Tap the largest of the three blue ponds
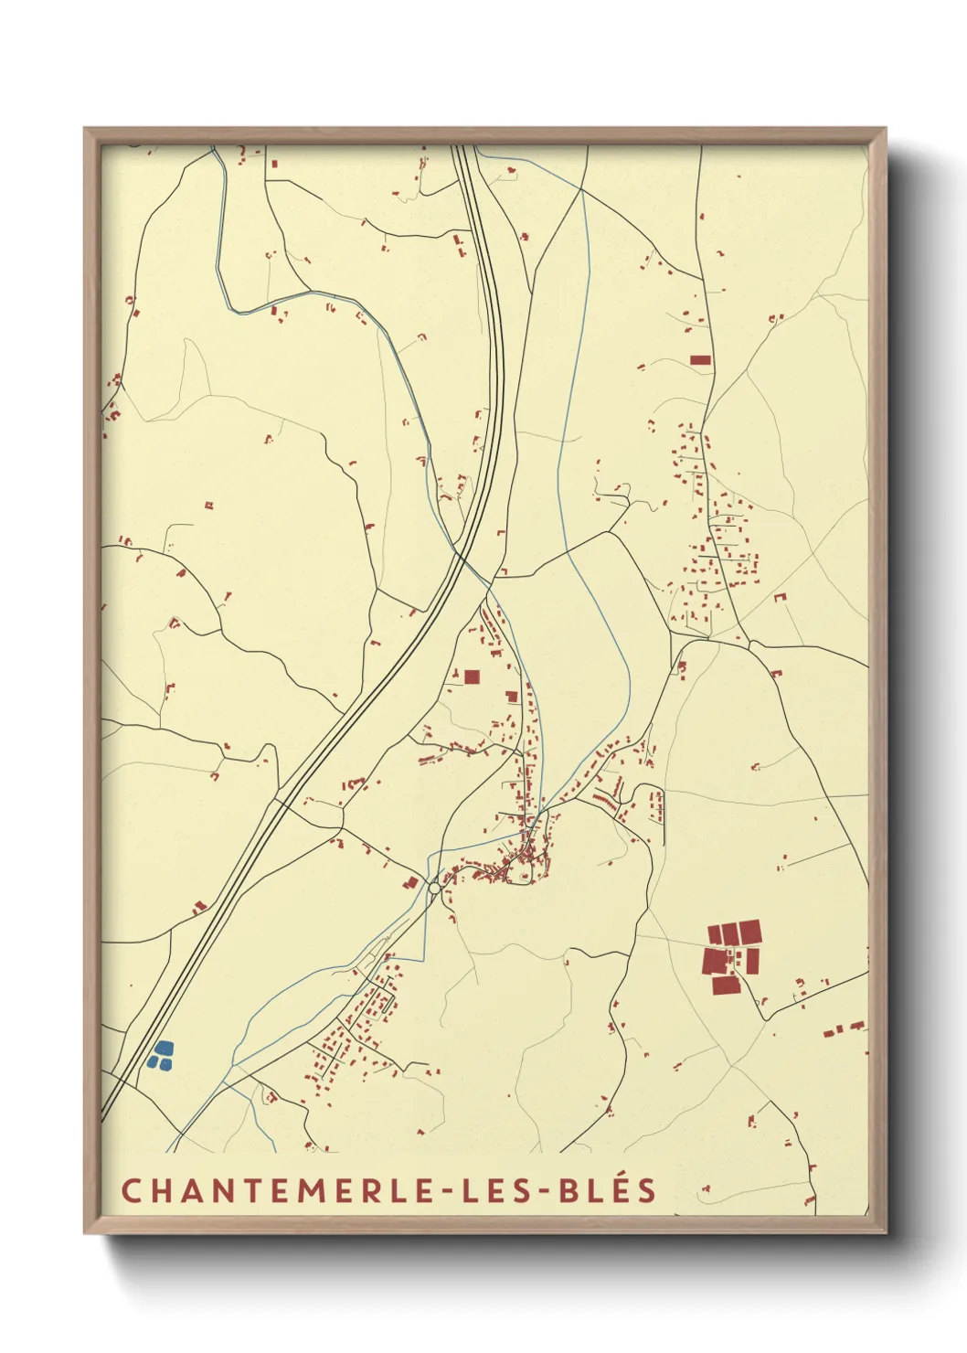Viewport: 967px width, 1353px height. click(164, 1048)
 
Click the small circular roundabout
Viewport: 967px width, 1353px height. click(434, 888)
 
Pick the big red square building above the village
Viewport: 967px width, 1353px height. click(472, 677)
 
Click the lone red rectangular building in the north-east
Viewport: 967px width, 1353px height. click(700, 360)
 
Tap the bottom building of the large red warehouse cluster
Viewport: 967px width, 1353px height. click(726, 985)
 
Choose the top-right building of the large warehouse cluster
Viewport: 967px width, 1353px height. click(749, 932)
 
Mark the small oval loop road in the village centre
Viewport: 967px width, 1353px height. click(524, 878)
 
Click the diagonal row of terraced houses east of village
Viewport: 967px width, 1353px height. click(603, 803)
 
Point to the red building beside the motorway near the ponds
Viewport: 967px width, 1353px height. click(199, 908)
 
